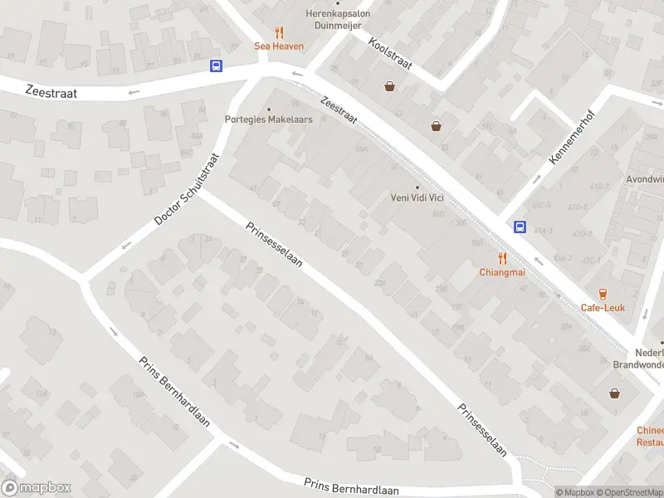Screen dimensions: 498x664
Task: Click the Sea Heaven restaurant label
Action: click(279, 46)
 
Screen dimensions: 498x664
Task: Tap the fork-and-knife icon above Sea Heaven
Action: click(279, 33)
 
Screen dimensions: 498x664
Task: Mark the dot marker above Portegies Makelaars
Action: click(268, 109)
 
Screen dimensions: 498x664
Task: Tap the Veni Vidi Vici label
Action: click(417, 198)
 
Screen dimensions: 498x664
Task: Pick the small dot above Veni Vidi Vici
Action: click(417, 187)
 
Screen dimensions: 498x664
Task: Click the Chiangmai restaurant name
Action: click(500, 272)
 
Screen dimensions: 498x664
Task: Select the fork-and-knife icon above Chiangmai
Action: click(501, 258)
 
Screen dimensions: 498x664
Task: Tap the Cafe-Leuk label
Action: click(603, 308)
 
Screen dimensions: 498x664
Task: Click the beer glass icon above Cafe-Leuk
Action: click(603, 294)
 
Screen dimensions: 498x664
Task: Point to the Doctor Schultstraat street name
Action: click(187, 189)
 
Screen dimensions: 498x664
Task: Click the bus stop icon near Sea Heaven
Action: click(216, 66)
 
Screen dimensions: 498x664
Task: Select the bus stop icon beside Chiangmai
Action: click(520, 227)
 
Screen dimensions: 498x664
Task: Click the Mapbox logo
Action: click(37, 488)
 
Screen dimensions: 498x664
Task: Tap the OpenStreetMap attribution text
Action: click(629, 492)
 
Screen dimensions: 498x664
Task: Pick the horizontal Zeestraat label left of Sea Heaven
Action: click(51, 93)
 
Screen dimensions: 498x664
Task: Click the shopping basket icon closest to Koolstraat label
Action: click(389, 86)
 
